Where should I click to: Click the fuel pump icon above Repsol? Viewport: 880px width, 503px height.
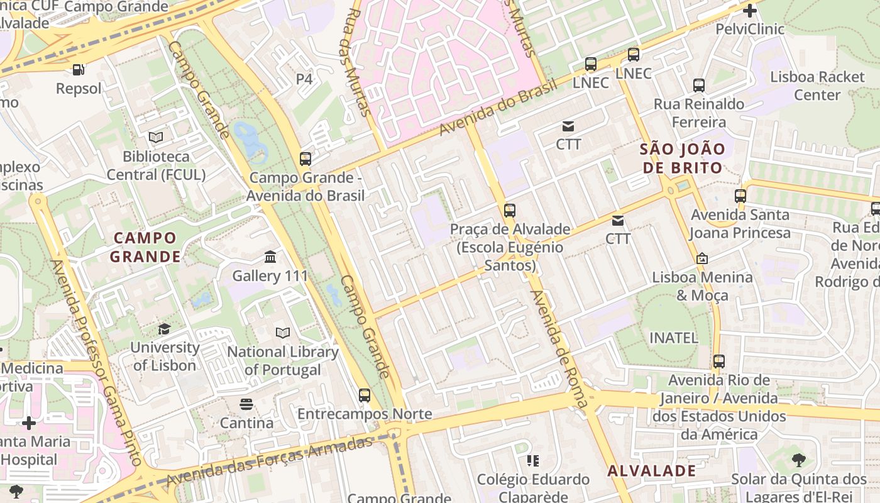[x=78, y=70]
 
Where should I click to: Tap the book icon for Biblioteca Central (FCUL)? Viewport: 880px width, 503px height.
[x=156, y=137]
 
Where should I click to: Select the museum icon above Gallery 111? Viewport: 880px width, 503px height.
[x=270, y=257]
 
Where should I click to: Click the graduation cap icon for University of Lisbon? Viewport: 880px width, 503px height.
[x=164, y=329]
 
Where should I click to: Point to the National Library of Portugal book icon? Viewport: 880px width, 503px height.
[x=283, y=333]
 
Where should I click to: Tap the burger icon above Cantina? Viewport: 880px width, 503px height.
[x=246, y=404]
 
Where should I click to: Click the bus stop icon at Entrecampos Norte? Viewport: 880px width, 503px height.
[x=365, y=395]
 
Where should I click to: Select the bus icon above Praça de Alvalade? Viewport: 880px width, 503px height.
[x=510, y=211]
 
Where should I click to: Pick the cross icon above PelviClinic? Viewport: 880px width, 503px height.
[x=749, y=11]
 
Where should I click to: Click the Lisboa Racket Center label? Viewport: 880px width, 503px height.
[x=817, y=86]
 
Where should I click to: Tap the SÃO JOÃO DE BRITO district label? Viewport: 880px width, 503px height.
[x=682, y=158]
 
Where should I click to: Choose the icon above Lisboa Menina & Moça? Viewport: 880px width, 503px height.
[x=702, y=258]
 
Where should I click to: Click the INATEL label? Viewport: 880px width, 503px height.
[x=673, y=338]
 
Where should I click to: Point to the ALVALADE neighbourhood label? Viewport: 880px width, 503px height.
[x=652, y=471]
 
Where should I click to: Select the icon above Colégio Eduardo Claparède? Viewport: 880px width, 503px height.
[x=533, y=461]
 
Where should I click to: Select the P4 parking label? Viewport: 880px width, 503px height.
[x=304, y=79]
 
